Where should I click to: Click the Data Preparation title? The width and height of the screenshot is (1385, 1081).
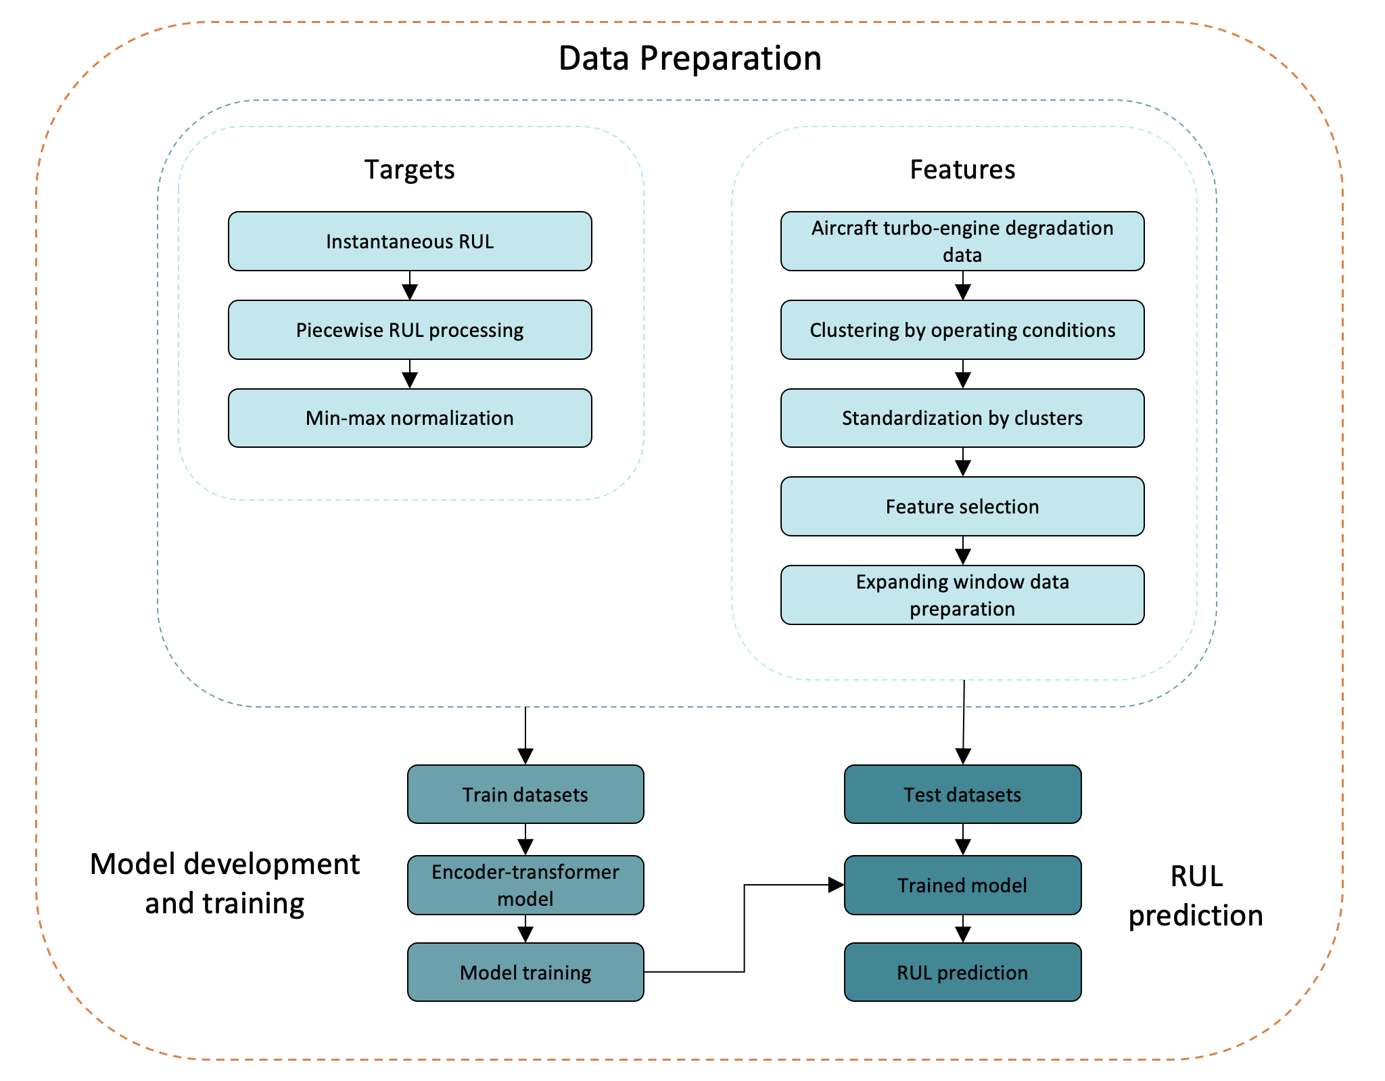point(690,58)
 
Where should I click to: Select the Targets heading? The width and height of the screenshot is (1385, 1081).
point(410,169)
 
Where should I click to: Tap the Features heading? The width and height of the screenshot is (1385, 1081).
point(962,169)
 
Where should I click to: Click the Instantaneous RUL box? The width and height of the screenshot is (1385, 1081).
point(410,241)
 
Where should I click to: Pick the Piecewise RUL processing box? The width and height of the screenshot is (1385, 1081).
point(410,330)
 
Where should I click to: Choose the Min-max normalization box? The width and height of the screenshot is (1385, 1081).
point(410,418)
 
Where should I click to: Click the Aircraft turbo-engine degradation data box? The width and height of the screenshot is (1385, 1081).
point(962,241)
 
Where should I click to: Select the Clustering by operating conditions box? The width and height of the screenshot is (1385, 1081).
point(962,330)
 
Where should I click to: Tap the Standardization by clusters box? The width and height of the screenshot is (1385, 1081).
point(962,418)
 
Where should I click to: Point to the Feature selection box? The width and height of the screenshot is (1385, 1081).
point(962,507)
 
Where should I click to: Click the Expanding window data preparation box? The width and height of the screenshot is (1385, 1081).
point(962,595)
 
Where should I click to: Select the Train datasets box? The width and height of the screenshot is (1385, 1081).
point(525,794)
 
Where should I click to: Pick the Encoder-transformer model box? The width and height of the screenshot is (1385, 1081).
point(525,885)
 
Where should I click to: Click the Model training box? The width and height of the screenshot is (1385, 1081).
point(525,972)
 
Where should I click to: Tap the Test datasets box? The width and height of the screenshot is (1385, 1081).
point(963,794)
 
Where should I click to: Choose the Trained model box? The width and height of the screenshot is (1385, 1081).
point(963,885)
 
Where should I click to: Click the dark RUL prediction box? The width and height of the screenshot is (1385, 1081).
point(963,972)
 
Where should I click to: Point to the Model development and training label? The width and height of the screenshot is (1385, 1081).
point(225,883)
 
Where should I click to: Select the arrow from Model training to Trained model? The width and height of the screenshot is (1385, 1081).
point(745,928)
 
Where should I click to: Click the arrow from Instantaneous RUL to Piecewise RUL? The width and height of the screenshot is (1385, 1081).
point(410,285)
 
